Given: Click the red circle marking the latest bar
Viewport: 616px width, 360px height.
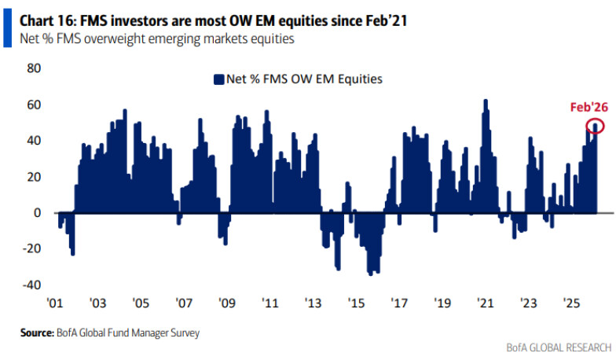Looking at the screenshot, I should [x=595, y=126].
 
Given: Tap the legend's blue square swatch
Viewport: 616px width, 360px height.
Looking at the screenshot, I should [x=218, y=79].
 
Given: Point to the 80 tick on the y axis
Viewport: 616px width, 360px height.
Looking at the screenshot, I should [x=34, y=68].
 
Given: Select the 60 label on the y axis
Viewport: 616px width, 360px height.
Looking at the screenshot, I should [x=34, y=105].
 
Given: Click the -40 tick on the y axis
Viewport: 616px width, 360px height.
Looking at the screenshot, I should [x=31, y=285].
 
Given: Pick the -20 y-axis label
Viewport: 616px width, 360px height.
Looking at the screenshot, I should [x=31, y=249].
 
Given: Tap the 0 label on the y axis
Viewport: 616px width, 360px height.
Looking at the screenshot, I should [x=38, y=213].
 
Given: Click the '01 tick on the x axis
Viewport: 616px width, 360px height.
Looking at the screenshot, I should [x=54, y=303].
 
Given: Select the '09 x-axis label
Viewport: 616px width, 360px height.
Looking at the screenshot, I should [x=227, y=303].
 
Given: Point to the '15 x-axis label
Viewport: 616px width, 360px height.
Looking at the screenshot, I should [x=356, y=303].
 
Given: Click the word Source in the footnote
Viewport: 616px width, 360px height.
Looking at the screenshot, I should [x=36, y=332].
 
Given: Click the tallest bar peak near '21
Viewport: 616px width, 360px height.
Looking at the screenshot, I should [x=486, y=101].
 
